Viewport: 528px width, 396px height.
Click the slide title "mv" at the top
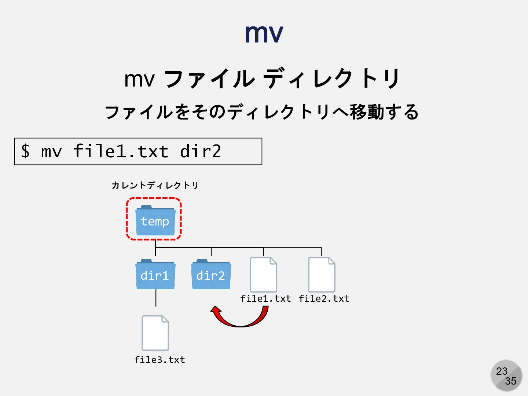[x=264, y=33]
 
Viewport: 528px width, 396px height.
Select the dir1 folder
[x=155, y=275]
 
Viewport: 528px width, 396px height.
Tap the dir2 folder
[x=211, y=275]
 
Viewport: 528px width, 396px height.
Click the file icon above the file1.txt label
[x=263, y=274]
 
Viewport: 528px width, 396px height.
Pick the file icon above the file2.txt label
[x=322, y=274]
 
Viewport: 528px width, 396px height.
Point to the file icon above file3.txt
[x=155, y=333]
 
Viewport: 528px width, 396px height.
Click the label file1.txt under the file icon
[x=265, y=298]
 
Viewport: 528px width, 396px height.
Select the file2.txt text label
[x=324, y=298]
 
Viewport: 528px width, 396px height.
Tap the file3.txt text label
[x=159, y=360]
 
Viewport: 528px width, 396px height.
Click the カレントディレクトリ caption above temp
[x=155, y=185]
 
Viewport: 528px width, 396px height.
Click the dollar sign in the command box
[x=25, y=151]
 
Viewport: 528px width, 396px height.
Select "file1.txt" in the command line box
[x=121, y=151]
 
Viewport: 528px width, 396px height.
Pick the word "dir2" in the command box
[x=201, y=151]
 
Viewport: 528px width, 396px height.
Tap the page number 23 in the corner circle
[x=502, y=371]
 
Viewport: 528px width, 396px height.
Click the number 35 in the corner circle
[x=510, y=381]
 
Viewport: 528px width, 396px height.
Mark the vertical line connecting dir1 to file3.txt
[x=155, y=298]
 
